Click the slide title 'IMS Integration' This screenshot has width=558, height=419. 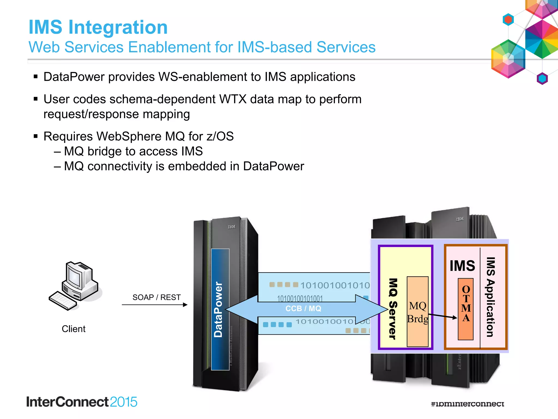pos(98,27)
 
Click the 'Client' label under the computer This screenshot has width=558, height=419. pos(74,329)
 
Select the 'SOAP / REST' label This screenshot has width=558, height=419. pos(156,297)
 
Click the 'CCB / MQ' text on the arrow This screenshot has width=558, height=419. pos(303,309)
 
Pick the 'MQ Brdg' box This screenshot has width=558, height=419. pos(417,312)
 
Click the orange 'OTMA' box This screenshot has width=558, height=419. pos(466,309)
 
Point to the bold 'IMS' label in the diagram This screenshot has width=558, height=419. pos(462,266)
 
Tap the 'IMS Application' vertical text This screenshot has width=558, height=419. pos(490,297)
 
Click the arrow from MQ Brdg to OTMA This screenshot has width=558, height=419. pos(443,316)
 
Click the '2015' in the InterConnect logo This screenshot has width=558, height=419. pos(123,402)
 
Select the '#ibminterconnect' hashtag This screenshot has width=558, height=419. pos(467,404)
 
